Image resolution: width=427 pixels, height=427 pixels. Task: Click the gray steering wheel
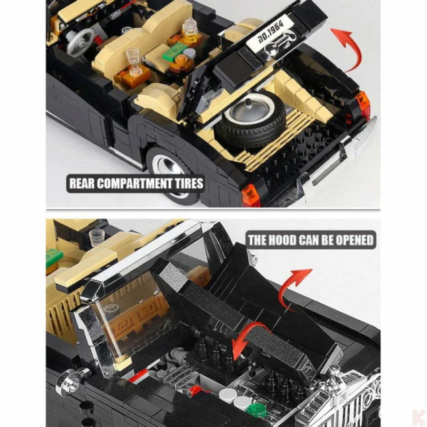80,40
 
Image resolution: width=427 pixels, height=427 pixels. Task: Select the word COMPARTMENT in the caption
137,184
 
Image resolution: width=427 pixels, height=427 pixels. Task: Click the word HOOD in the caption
282,240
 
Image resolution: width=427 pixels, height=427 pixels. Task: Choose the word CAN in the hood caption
309,240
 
